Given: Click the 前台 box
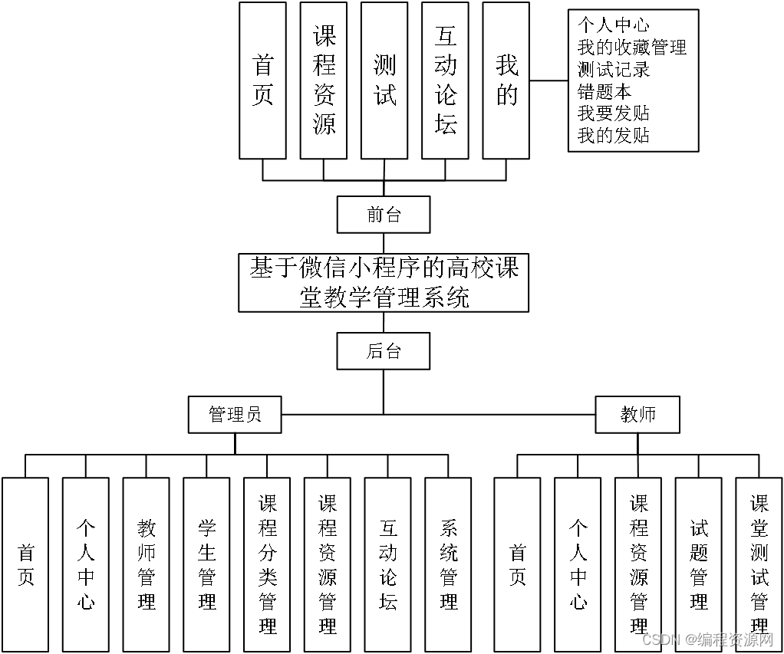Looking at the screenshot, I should (x=384, y=215).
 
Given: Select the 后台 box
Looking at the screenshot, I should (x=384, y=352).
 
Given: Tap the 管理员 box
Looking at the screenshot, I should (x=235, y=415).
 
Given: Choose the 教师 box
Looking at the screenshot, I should (x=637, y=415).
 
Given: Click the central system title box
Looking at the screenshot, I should (x=384, y=283).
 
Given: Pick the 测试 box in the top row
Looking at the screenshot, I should (x=384, y=81).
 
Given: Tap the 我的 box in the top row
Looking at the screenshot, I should (x=506, y=81).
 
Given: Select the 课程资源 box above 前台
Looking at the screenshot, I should (x=324, y=81).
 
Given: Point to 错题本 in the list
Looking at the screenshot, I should (x=604, y=91).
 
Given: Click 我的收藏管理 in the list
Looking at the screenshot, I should (x=631, y=48).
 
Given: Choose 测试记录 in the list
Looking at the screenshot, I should (x=614, y=69).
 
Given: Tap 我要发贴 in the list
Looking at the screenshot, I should (x=614, y=113).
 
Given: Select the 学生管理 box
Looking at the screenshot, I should (x=206, y=564).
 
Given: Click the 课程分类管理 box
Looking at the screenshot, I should (x=267, y=564).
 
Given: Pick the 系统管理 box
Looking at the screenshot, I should (x=449, y=564).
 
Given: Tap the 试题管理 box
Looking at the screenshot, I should (x=698, y=564).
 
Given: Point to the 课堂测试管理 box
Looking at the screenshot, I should (x=759, y=564).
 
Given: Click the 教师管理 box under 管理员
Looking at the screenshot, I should (x=146, y=564).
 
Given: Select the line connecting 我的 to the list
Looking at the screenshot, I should (x=548, y=80).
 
